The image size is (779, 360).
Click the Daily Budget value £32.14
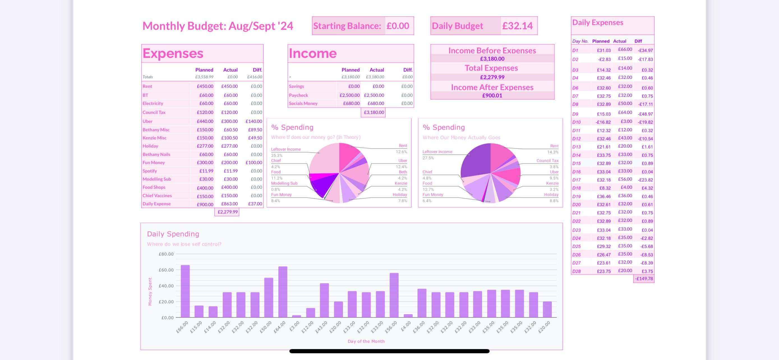click(517, 26)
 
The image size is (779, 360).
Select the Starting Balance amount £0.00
click(398, 26)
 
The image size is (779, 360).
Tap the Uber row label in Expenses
click(147, 121)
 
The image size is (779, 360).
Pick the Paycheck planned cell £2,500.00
click(350, 95)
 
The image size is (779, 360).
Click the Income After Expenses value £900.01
click(492, 96)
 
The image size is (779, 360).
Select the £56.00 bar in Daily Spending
click(394, 295)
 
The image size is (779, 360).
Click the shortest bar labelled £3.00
click(296, 316)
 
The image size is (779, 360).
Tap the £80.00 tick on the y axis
click(166, 254)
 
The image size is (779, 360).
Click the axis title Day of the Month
click(366, 341)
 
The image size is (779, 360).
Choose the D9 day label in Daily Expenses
click(575, 114)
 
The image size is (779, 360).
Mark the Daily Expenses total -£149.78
click(644, 279)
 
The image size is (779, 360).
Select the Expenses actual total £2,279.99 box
click(227, 212)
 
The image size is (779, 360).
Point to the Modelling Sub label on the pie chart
click(284, 183)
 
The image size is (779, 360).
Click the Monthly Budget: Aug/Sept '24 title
click(218, 26)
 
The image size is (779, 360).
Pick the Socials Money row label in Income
click(303, 103)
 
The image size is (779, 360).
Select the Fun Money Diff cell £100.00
click(254, 163)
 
